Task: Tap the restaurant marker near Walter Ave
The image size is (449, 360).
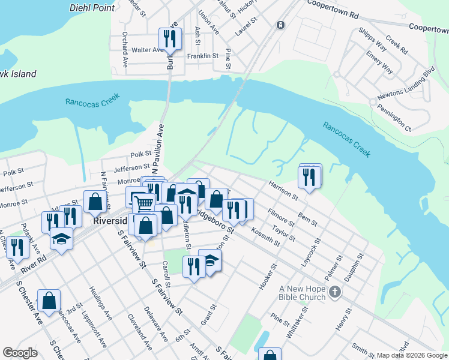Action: tap(169, 40)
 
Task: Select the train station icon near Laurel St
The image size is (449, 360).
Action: tap(280, 25)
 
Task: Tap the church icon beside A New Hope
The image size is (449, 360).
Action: tap(335, 292)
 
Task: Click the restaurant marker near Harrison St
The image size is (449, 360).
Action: tap(309, 177)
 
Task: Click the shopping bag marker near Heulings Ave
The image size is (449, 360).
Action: tap(49, 301)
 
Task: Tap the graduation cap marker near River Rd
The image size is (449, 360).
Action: tap(61, 239)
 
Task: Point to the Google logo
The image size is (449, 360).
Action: tap(20, 353)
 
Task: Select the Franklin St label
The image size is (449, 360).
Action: tap(202, 56)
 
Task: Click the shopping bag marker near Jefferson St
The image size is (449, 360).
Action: tap(95, 202)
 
